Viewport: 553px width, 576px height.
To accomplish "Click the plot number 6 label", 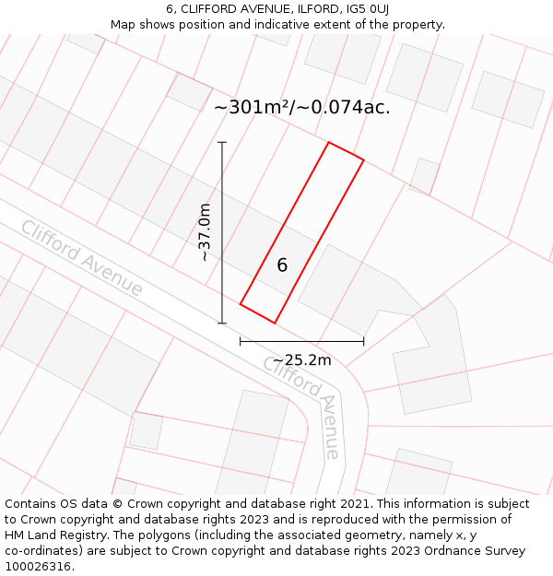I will [x=282, y=265].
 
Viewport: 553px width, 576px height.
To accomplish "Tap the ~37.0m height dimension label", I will [x=205, y=232].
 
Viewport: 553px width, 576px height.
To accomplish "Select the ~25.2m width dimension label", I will [x=301, y=360].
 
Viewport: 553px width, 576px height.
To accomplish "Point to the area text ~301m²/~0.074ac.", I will [x=301, y=108].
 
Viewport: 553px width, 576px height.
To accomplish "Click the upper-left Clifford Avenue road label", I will [x=82, y=258].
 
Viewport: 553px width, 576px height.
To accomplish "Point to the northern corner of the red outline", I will [x=328, y=143].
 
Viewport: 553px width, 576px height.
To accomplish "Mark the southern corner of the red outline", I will [x=275, y=323].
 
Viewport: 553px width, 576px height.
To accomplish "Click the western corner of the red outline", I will [x=241, y=303].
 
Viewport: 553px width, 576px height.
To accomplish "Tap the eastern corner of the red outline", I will [x=363, y=160].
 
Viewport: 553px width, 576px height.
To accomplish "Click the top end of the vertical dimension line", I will [x=222, y=142].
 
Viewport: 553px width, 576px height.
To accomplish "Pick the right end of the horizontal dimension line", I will [x=363, y=341].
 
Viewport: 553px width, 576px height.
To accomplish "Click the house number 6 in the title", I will [x=171, y=9].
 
